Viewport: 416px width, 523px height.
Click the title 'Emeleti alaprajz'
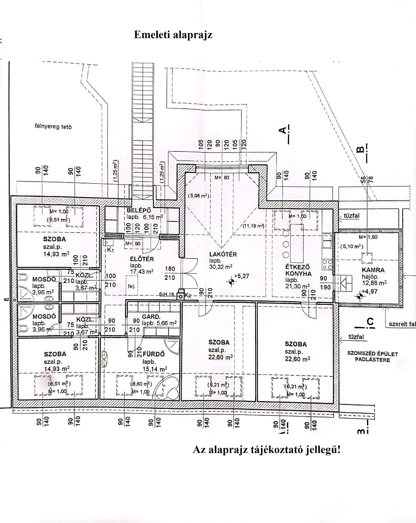coord(173,35)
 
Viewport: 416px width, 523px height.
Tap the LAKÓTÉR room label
coord(223,254)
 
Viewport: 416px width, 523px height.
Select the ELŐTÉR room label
coord(142,259)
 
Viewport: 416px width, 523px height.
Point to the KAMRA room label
coord(373,270)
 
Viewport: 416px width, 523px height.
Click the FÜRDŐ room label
coord(154,354)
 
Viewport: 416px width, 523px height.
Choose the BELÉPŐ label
coord(139,211)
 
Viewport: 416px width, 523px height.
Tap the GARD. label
coord(151,317)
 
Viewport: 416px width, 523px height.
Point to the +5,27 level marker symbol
coord(231,282)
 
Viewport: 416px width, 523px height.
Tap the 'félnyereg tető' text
coord(53,127)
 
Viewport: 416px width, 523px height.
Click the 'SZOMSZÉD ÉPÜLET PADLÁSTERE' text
coord(372,357)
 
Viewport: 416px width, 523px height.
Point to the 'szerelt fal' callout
coord(402,324)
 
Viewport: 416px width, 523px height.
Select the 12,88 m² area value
coord(374,283)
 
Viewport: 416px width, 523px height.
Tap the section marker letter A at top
coord(283,130)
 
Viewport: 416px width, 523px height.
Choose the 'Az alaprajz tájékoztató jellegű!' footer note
coord(267,450)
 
